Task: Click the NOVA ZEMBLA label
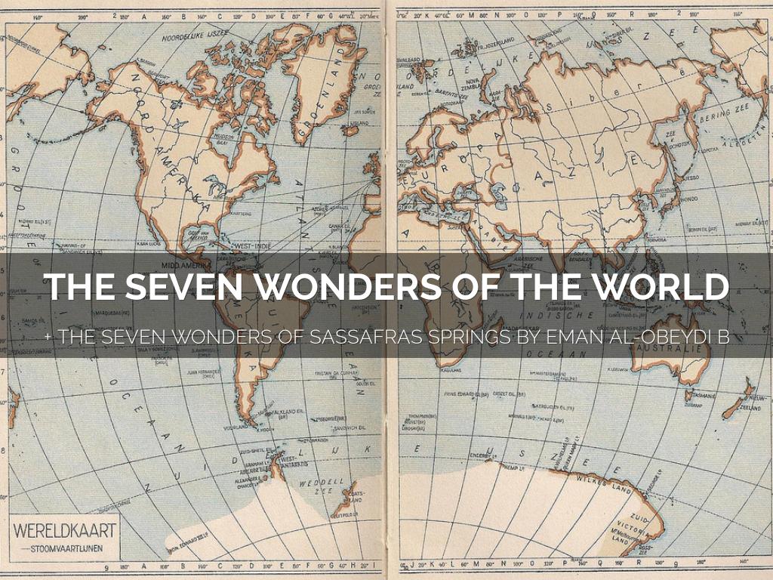473,83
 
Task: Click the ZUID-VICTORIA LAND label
626,532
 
